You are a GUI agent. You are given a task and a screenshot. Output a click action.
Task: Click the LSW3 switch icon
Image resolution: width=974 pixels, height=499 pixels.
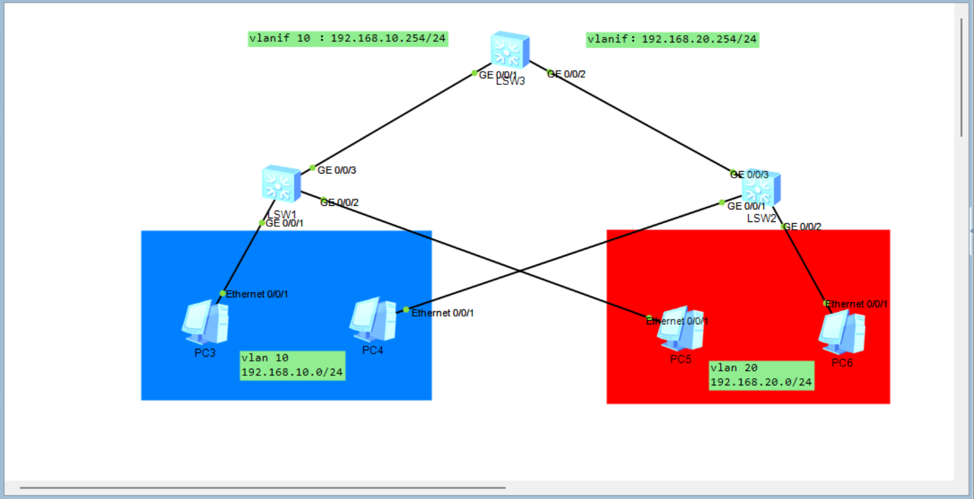pos(509,50)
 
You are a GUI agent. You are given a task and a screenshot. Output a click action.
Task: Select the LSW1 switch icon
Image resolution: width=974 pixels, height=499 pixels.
pos(281,184)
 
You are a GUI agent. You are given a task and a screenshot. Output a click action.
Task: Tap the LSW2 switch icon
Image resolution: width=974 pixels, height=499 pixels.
pos(761,188)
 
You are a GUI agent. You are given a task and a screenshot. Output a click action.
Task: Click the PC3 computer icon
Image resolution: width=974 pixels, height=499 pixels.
pos(205,323)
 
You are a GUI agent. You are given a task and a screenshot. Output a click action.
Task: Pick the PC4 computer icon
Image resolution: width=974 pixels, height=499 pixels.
pos(373,320)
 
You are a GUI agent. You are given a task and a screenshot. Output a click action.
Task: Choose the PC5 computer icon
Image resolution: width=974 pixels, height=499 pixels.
pos(680,329)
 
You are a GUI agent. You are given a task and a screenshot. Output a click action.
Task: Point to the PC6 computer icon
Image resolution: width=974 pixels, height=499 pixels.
pos(842,333)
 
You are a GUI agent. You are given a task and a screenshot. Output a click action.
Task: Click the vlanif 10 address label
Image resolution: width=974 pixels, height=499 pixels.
pos(347,38)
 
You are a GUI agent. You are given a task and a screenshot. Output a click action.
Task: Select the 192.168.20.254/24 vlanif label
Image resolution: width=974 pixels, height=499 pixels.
pos(672,39)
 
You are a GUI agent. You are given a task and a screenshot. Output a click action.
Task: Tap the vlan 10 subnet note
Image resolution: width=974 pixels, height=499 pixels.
pos(292,365)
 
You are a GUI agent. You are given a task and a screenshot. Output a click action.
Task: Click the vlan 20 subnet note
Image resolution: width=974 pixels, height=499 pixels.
pos(761,375)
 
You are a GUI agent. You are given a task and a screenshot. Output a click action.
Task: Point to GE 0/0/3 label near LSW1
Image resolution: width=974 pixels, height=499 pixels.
pos(337,171)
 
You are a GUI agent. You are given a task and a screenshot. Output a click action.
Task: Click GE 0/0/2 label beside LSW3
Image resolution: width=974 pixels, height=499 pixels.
pos(566,74)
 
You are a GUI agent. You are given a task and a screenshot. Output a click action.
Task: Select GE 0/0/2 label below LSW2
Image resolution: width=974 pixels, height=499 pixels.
pos(802,227)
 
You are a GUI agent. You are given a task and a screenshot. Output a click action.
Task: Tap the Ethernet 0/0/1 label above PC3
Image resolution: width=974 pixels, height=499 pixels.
pos(257,294)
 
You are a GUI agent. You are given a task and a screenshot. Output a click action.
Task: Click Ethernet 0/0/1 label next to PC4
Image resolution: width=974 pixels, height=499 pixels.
pos(442,313)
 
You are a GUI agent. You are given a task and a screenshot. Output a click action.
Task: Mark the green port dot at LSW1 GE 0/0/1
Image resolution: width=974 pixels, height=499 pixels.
pos(262,223)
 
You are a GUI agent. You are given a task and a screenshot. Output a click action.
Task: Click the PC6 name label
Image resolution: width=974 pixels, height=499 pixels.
pos(842,363)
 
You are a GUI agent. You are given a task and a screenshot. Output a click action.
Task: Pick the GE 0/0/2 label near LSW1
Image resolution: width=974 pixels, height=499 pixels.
pos(339,203)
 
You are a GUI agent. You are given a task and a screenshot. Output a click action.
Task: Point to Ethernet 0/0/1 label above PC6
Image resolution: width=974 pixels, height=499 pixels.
pos(856,304)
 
